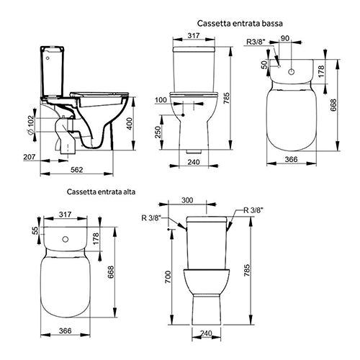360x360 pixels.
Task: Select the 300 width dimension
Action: tap(207, 199)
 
